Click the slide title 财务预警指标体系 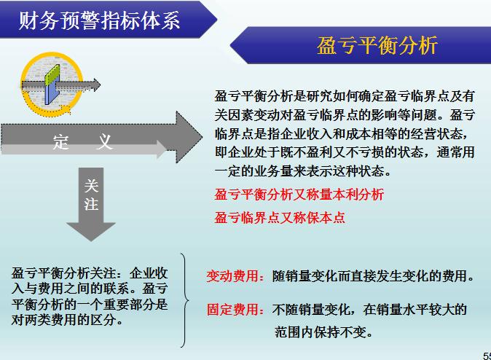[99, 19]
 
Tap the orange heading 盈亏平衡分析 [377, 46]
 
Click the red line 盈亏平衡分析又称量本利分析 [299, 195]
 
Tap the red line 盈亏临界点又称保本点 [279, 217]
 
